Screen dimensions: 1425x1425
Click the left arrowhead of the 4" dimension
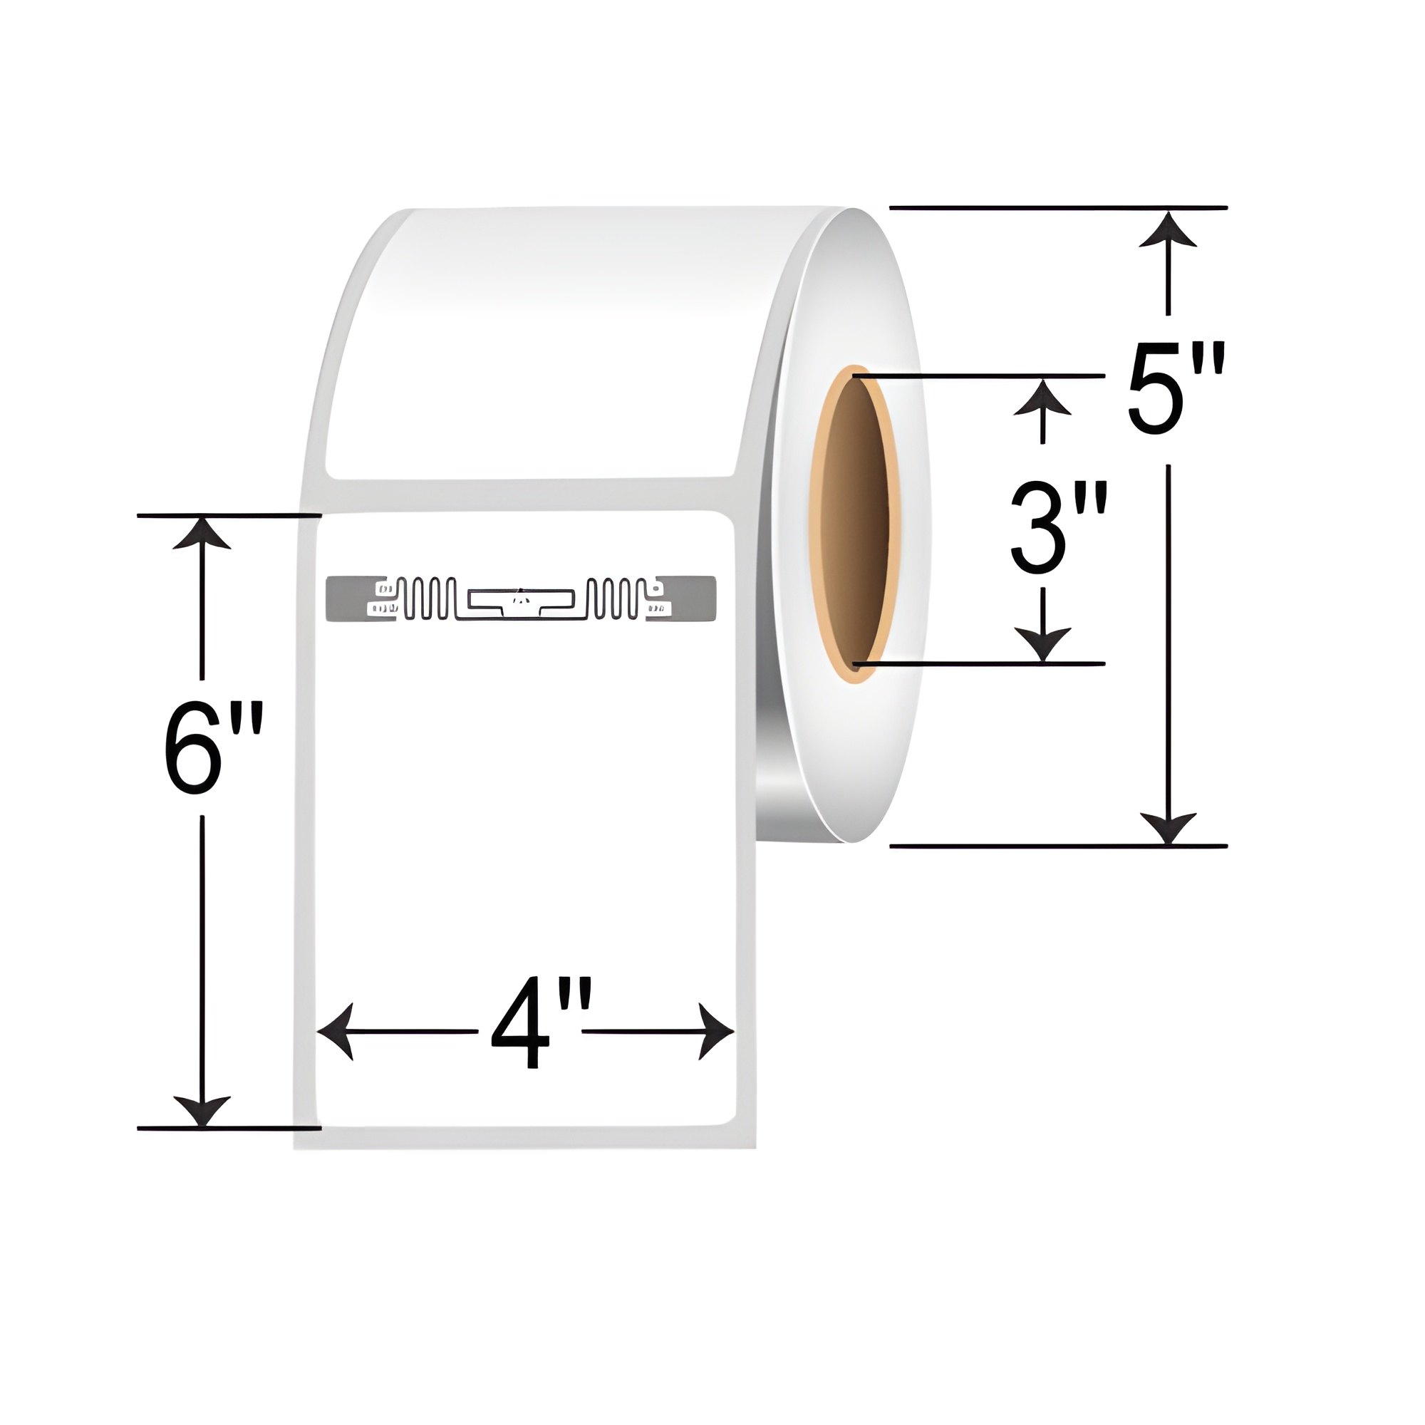coord(333,1031)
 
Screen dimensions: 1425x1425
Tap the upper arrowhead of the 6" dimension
coord(202,532)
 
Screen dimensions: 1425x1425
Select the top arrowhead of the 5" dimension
coord(1168,229)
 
